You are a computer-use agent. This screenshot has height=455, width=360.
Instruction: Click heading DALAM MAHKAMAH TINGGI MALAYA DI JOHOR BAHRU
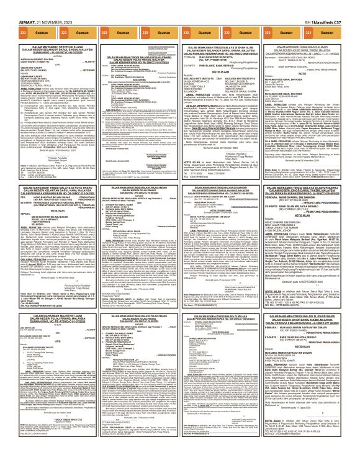(x=313, y=169)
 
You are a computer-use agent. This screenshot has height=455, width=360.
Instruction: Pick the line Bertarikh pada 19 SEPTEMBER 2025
(x=313, y=266)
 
